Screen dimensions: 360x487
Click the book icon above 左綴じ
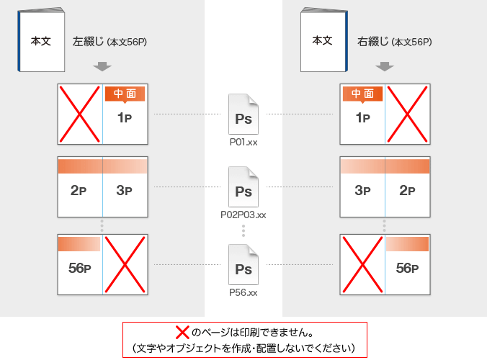point(40,42)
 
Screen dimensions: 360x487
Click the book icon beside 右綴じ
point(323,41)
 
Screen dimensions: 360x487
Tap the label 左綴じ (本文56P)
point(110,42)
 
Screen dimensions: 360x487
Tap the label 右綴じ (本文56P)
point(394,42)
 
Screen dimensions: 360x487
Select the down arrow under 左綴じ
point(102,67)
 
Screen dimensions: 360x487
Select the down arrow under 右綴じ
point(385,67)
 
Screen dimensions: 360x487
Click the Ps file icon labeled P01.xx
point(243,114)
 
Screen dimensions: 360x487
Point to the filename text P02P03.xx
point(243,215)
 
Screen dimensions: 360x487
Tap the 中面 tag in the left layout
point(125,94)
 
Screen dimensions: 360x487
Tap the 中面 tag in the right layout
point(363,94)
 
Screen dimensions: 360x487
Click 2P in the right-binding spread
point(407,191)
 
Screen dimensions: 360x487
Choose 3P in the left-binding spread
point(125,191)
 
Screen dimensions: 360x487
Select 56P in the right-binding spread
point(407,269)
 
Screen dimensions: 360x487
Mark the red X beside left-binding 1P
point(80,114)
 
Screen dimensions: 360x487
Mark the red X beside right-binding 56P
point(363,264)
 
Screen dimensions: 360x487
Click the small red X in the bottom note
point(183,333)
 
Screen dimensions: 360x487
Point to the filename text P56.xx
point(243,292)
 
